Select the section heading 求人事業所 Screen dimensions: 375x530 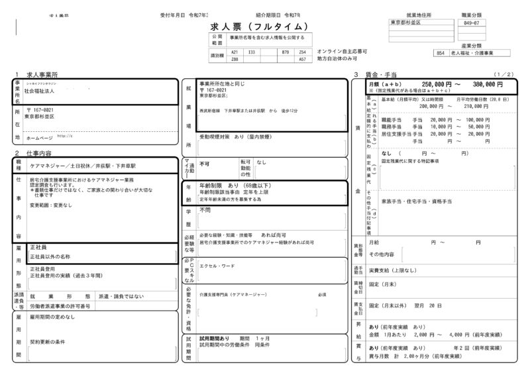41,74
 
